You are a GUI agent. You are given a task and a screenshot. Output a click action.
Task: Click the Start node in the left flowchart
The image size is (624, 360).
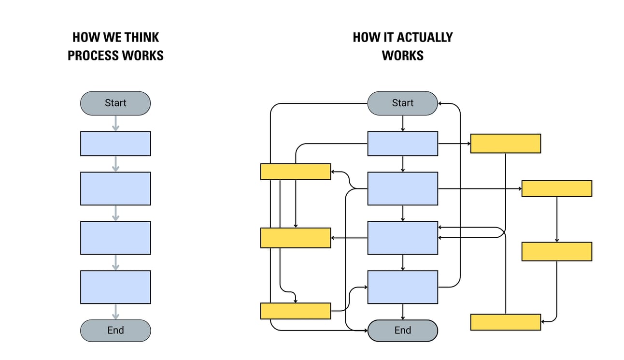[115, 103]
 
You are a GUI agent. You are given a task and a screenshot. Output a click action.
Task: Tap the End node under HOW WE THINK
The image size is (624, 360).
[115, 331]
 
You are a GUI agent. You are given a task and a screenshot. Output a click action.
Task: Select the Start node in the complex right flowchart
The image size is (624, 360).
[402, 103]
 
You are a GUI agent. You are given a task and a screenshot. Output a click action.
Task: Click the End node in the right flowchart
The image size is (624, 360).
[402, 331]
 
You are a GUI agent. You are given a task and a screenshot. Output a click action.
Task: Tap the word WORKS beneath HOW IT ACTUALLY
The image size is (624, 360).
[402, 56]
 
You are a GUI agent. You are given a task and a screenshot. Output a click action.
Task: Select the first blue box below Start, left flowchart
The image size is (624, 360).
[115, 144]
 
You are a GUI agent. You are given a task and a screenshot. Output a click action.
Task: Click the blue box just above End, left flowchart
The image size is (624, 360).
[115, 287]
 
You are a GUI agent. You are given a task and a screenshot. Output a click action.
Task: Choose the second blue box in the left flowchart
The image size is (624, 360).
[115, 188]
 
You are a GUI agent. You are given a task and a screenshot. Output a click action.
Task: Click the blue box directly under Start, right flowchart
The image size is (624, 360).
[402, 144]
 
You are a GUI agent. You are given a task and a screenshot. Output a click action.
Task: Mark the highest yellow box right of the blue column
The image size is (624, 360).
[505, 144]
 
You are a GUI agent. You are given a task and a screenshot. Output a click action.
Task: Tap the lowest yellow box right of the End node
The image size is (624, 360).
[505, 322]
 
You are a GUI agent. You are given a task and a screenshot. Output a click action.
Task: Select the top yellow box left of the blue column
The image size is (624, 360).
[295, 172]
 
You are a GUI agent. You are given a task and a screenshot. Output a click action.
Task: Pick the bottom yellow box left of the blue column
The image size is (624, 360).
[295, 311]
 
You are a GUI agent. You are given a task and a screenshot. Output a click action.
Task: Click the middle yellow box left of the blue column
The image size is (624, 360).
[295, 238]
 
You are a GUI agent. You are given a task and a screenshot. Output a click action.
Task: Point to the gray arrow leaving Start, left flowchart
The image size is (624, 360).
[115, 123]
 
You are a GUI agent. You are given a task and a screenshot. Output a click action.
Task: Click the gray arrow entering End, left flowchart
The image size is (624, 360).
[115, 312]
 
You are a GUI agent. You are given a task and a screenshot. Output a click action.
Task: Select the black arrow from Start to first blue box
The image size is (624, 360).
[402, 123]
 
